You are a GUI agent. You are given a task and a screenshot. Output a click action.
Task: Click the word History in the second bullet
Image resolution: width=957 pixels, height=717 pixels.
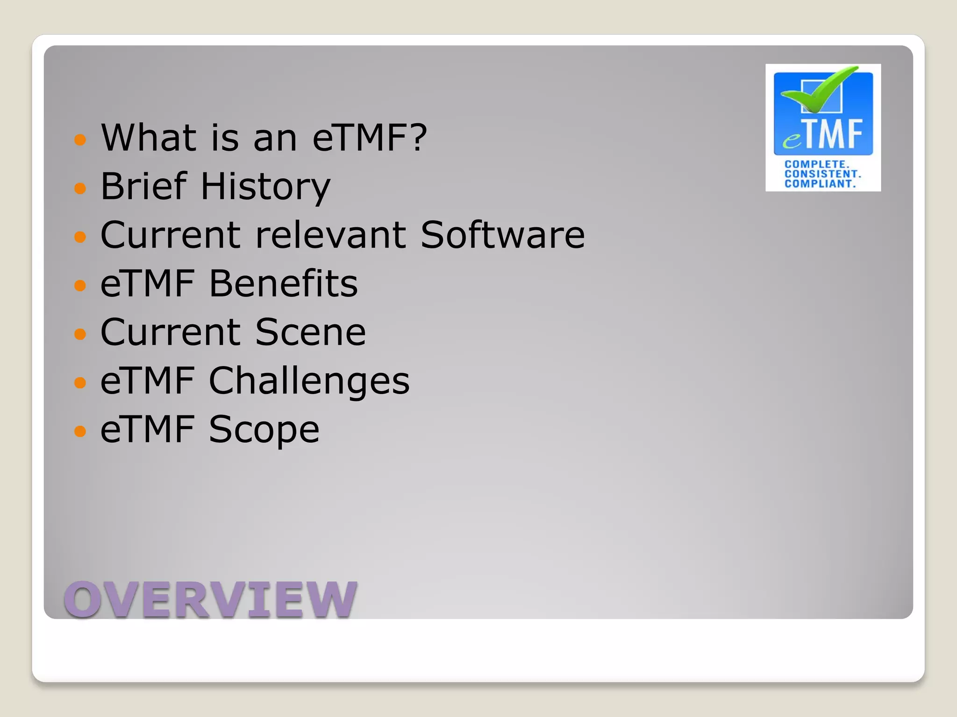tap(265, 187)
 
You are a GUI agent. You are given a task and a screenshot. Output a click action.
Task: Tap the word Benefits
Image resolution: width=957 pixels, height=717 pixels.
tap(283, 283)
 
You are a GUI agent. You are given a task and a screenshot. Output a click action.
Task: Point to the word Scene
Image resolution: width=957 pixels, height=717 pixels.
tap(310, 332)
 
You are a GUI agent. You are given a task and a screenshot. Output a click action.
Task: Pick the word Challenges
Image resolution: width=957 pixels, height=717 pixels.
tap(309, 381)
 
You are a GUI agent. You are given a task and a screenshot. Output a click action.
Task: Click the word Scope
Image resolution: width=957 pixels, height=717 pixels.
tap(264, 429)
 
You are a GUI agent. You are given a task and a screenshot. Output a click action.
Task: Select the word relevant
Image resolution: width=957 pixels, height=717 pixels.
tap(330, 235)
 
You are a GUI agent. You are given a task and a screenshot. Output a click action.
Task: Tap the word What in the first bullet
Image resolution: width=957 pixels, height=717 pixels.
tap(149, 138)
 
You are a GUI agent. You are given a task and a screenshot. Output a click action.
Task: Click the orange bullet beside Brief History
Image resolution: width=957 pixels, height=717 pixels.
tap(80, 188)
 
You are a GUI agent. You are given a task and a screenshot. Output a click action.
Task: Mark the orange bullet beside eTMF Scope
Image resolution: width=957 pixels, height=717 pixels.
tap(80, 431)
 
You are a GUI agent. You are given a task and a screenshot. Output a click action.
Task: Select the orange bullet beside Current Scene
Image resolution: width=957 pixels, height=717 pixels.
tap(80, 334)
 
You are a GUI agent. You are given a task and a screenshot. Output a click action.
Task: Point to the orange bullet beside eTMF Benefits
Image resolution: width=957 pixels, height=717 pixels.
tap(80, 285)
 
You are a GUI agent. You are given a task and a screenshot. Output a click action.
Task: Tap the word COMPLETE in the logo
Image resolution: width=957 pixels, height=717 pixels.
tap(816, 164)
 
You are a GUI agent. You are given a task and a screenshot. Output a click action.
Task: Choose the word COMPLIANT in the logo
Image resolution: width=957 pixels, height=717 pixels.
tap(820, 183)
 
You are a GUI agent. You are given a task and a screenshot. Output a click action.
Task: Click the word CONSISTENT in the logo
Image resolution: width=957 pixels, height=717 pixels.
tap(822, 174)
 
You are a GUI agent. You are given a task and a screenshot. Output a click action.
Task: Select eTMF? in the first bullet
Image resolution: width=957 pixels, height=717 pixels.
tap(369, 138)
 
